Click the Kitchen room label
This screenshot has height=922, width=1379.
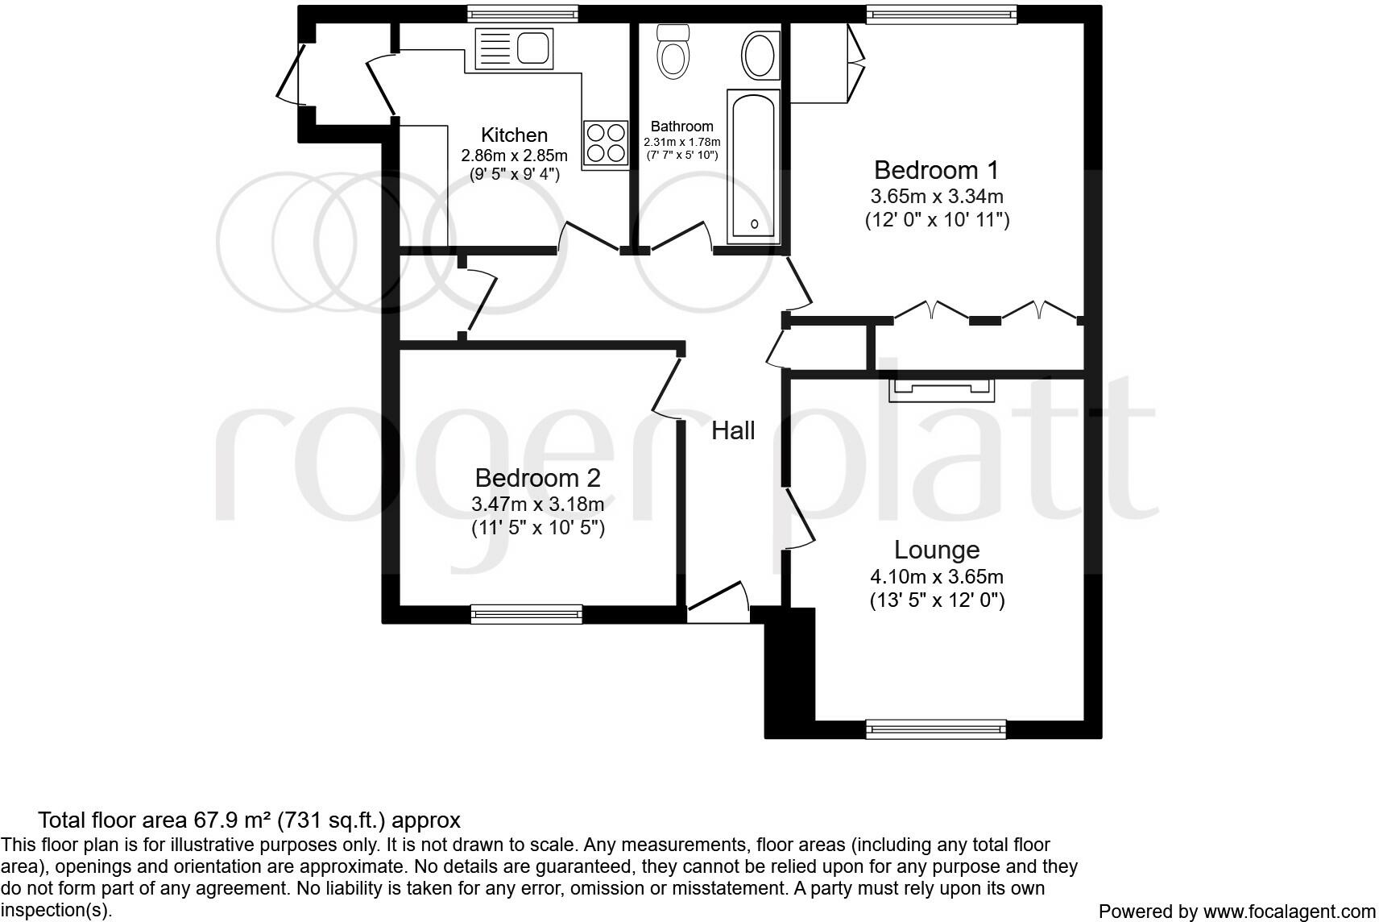point(514,135)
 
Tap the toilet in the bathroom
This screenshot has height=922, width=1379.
point(673,52)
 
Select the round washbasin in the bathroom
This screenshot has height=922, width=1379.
point(761,56)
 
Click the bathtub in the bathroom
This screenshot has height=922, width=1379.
point(753,166)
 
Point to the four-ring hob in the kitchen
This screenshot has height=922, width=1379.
point(606,143)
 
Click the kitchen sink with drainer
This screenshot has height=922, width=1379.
point(514,48)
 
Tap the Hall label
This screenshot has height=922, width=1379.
point(733,430)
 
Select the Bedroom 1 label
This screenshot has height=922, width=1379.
point(936,170)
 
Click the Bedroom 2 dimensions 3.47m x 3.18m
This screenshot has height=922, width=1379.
point(537,505)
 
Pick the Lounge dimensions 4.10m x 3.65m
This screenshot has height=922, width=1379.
point(936,576)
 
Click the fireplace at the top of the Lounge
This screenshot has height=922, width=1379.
point(942,390)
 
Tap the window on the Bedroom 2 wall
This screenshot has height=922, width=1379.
point(526,614)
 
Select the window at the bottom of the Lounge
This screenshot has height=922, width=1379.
point(936,729)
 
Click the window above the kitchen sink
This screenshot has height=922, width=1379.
point(522,15)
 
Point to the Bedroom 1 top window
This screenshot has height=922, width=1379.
point(942,15)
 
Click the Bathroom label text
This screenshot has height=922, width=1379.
point(681,127)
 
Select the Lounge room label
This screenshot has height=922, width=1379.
point(936,550)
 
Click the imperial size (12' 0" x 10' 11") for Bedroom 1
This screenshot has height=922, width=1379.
point(937,220)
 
